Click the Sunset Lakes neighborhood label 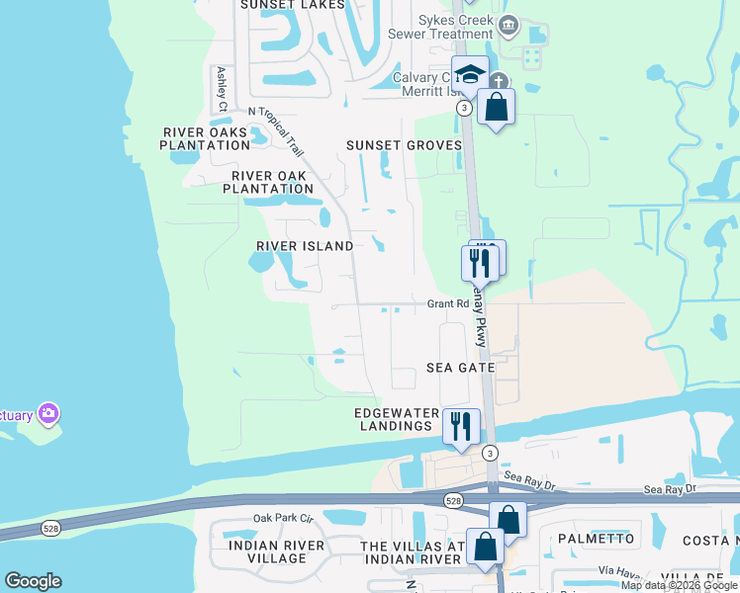pos(294,5)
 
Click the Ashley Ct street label pos(223,89)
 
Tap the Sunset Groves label pos(404,145)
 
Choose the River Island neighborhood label pos(305,246)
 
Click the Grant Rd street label pos(447,304)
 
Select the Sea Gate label pos(460,368)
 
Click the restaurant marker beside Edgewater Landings pos(461,425)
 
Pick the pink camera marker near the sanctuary pos(47,412)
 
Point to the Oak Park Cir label pos(283,518)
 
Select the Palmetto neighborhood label pos(596,539)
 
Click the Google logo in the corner pos(33,581)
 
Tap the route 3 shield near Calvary pos(463,107)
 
